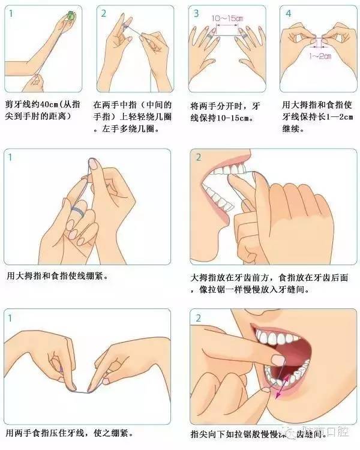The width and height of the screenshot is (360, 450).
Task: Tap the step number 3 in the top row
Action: point(196,13)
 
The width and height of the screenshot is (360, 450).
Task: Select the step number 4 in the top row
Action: point(289,13)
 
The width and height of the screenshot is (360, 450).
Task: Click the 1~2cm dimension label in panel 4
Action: point(319,56)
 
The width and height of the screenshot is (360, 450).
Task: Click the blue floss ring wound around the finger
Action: point(76,211)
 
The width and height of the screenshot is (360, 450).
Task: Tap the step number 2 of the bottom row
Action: point(198,317)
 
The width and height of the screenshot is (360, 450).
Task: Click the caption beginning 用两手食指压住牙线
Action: point(69,432)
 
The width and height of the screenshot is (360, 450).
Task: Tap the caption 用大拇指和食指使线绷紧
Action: point(58,277)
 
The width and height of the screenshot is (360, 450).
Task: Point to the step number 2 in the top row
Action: point(103,13)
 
